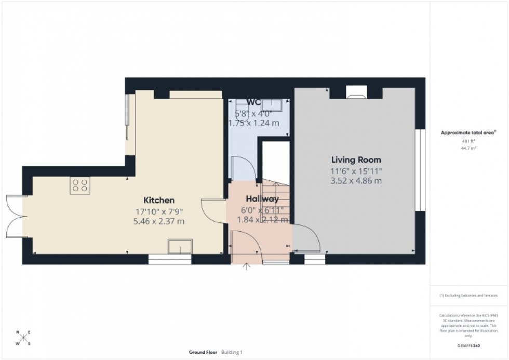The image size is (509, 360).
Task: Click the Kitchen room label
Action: coord(158,200)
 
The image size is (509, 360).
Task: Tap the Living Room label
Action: coord(356,160)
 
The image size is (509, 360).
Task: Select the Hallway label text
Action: coord(262,199)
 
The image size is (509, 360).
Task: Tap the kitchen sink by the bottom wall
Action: coord(180,246)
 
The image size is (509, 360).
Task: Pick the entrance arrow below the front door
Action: coord(247,267)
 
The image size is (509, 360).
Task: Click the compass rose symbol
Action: coord(23,338)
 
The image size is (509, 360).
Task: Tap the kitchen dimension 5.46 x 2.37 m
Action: coord(158,221)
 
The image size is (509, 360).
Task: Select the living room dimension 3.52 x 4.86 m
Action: coord(356,181)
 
